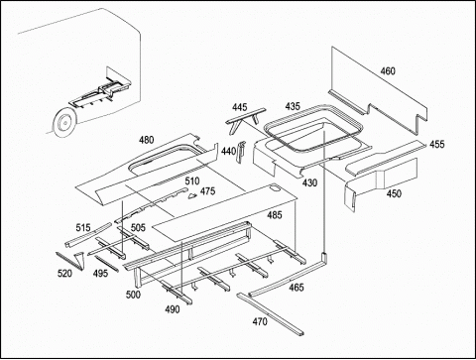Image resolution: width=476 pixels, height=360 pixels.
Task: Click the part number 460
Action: (x=388, y=71)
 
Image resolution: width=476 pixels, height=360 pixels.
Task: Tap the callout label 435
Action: (x=293, y=106)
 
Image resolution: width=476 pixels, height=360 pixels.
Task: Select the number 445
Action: (x=239, y=107)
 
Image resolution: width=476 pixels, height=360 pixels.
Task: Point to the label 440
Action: (x=228, y=152)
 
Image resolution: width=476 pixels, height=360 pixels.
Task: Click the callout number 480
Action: (x=146, y=140)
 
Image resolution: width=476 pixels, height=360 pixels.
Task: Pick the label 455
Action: (x=437, y=144)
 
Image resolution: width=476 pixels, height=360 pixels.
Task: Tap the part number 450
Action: (x=394, y=193)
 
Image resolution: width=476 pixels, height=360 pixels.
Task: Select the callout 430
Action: (x=309, y=182)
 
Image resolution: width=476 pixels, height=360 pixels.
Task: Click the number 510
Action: (x=192, y=180)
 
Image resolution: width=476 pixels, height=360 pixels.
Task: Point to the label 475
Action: (x=207, y=191)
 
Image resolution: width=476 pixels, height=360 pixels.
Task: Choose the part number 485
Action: (x=275, y=215)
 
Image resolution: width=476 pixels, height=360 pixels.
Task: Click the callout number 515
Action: (x=83, y=228)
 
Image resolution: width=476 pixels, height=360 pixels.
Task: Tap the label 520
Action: (x=64, y=274)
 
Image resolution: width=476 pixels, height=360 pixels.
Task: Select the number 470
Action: (x=260, y=321)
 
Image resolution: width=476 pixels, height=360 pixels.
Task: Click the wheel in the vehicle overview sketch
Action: (x=65, y=123)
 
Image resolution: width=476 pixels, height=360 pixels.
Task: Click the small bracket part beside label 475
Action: (x=192, y=196)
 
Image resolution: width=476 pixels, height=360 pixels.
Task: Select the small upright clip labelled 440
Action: (x=241, y=152)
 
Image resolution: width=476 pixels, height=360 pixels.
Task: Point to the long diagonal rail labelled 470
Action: (x=270, y=314)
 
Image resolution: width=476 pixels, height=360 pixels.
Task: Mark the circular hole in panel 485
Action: (x=274, y=188)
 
